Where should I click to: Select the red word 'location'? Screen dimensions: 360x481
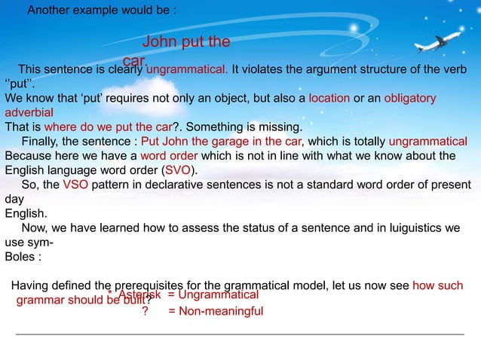coord(329,98)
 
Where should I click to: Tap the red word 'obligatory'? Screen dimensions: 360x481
coord(410,98)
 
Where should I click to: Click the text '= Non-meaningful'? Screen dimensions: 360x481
coord(216,310)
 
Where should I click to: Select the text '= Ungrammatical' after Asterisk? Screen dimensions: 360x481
coord(213,294)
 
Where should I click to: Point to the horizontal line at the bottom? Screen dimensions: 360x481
coord(240,333)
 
